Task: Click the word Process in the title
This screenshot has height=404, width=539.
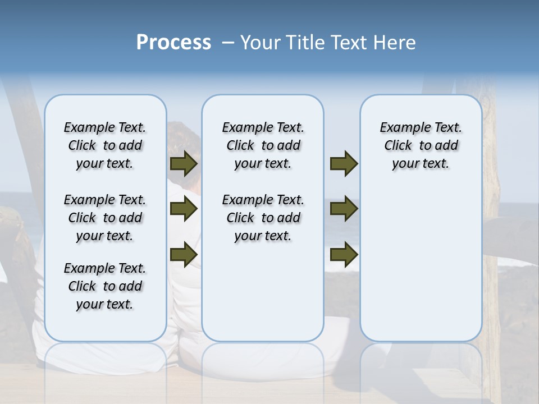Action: pos(173,42)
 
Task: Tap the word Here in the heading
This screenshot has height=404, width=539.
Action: pos(394,43)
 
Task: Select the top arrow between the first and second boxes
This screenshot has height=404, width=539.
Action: pos(183,163)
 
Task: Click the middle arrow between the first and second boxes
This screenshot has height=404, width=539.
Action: pos(183,209)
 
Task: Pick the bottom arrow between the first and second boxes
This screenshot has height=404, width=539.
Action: pos(183,254)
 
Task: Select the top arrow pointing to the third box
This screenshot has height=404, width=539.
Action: pos(344,163)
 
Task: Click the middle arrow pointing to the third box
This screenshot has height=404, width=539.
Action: pos(344,209)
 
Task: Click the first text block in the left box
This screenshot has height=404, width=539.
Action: pos(105,145)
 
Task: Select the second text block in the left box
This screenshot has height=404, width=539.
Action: pos(105,218)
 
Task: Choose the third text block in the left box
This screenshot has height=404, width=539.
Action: pos(105,286)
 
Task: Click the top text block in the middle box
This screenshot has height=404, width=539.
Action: pos(263,145)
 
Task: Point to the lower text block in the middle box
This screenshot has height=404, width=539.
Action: pos(263,218)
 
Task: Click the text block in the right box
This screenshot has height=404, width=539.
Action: pos(421,145)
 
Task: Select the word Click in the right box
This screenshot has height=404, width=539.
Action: pos(398,146)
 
